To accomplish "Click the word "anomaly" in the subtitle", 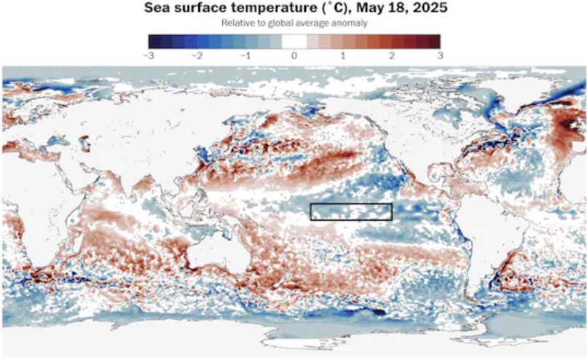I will pyautogui.click(x=350, y=23).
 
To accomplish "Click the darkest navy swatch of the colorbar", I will pyautogui.click(x=154, y=41).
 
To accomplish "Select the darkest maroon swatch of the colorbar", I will pyautogui.click(x=435, y=41).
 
